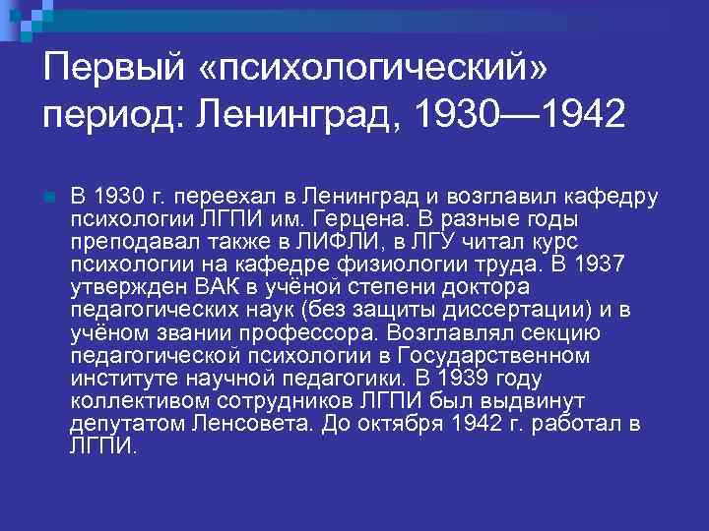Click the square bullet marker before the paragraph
pyautogui.click(x=49, y=197)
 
